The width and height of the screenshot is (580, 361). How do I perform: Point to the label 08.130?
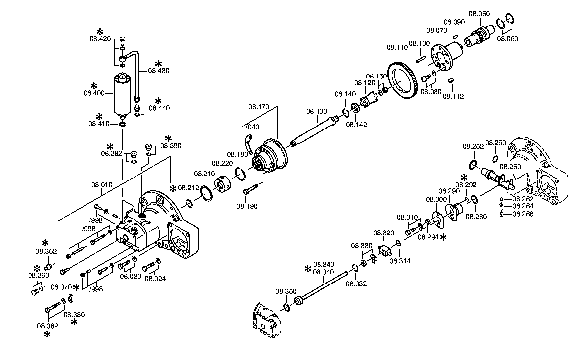click(x=317, y=111)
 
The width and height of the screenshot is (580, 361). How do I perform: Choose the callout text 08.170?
click(x=259, y=107)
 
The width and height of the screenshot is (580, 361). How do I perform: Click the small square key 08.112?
click(x=450, y=80)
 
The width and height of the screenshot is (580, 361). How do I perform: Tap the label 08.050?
click(x=479, y=14)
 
